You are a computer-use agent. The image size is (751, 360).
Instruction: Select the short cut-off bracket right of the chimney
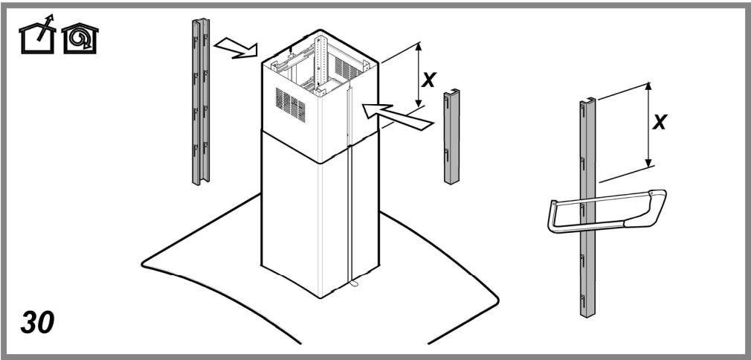(x=452, y=138)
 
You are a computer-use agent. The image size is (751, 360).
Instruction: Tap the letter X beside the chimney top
(x=428, y=80)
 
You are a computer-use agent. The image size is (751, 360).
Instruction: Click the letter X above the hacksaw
(x=659, y=121)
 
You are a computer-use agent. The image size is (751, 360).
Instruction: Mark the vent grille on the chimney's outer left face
(x=290, y=104)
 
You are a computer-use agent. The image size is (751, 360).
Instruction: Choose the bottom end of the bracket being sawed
(x=587, y=311)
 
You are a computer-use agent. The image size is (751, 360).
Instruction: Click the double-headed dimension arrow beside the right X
(x=648, y=123)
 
